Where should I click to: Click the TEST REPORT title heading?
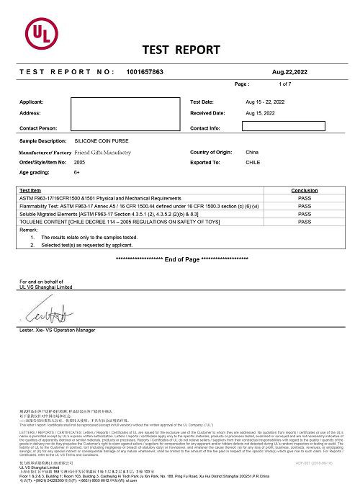181,50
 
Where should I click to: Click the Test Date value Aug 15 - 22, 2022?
266,102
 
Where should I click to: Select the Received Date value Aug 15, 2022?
260,114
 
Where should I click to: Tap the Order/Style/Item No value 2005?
79,163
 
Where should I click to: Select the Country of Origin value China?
252,153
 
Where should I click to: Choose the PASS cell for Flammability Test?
304,206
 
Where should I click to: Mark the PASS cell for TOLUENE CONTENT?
304,221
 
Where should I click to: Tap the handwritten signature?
48,315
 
